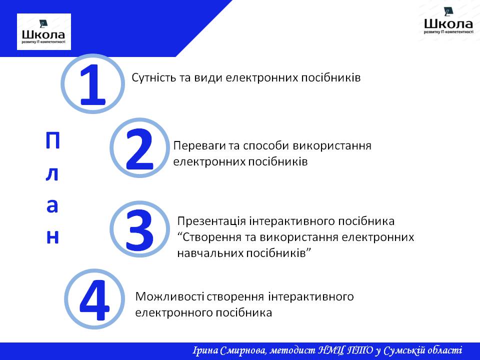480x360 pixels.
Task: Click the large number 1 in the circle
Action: [93, 84]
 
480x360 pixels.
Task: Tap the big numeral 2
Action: [139, 149]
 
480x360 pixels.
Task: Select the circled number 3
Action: [139, 229]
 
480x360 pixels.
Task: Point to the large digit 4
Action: [94, 300]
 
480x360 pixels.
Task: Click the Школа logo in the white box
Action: [44, 32]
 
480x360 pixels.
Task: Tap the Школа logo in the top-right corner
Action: [448, 21]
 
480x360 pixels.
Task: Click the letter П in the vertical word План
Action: [52, 141]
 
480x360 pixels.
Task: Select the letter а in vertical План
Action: [52, 205]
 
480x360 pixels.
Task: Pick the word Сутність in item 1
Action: [153, 78]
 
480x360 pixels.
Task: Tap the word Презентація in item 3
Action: [211, 221]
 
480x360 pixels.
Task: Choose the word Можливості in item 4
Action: [169, 296]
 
